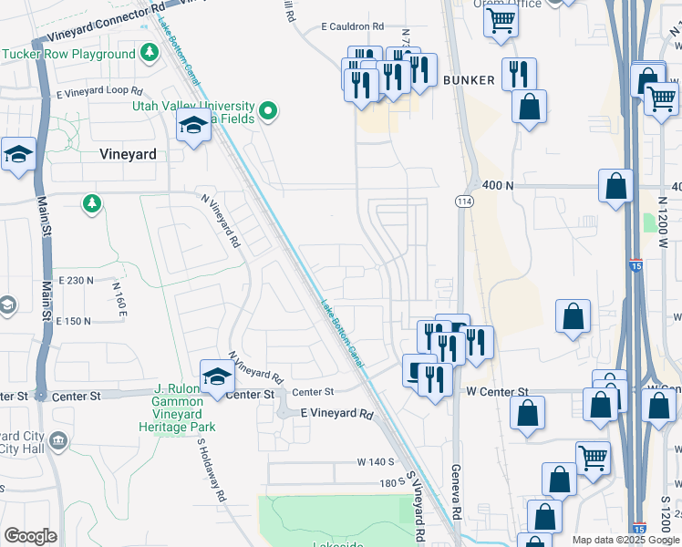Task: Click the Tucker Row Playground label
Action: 68,54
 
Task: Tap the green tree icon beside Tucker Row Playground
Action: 150,54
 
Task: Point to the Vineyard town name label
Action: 128,155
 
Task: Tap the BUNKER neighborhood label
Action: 469,80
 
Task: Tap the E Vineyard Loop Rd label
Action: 99,92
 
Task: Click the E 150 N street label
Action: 74,321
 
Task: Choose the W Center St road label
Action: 497,391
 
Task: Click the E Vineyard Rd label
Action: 337,414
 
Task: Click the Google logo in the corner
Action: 30,536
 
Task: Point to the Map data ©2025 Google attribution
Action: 625,541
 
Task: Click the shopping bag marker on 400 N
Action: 616,185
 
